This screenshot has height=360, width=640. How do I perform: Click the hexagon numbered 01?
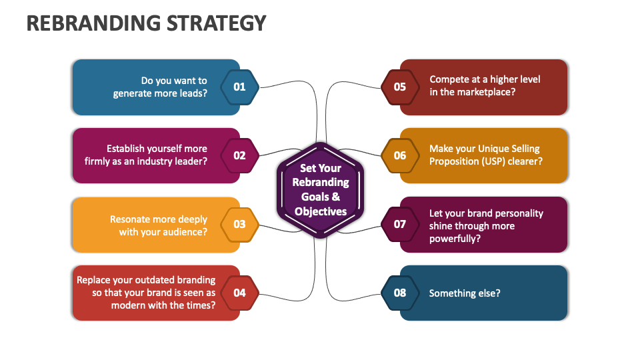239,87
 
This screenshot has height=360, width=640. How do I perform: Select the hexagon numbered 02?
239,155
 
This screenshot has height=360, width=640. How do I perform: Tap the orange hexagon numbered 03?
239,224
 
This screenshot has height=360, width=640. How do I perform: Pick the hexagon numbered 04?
239,293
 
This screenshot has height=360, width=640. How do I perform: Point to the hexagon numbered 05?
400,87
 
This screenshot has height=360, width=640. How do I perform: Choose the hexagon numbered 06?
400,155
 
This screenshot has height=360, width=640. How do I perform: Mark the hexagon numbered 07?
400,224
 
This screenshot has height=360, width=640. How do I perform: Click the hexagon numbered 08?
400,293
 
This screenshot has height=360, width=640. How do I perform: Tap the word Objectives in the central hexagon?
321,211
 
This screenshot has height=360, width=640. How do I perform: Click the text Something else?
465,293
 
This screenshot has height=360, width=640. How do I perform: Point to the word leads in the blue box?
190,93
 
